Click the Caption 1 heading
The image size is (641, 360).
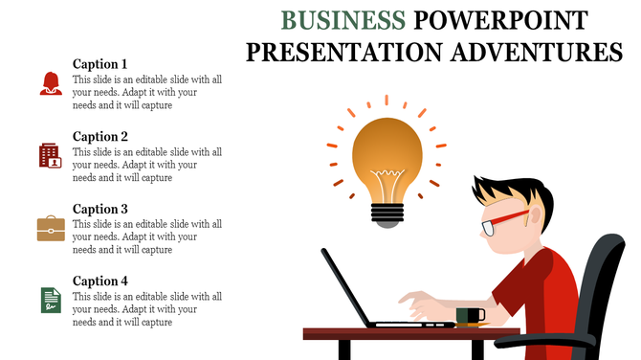[x=100, y=63]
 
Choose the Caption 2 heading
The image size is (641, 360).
[x=100, y=136]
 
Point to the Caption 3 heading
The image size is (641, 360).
[x=100, y=209]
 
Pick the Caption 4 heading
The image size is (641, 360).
[x=100, y=281]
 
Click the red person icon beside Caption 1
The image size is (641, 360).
[x=51, y=83]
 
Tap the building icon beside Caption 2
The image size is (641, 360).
[x=51, y=155]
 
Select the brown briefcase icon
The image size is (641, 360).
[x=51, y=228]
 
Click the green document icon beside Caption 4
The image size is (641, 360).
[x=50, y=300]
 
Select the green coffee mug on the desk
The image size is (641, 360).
[x=470, y=315]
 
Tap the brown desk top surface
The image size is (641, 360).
[x=411, y=333]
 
